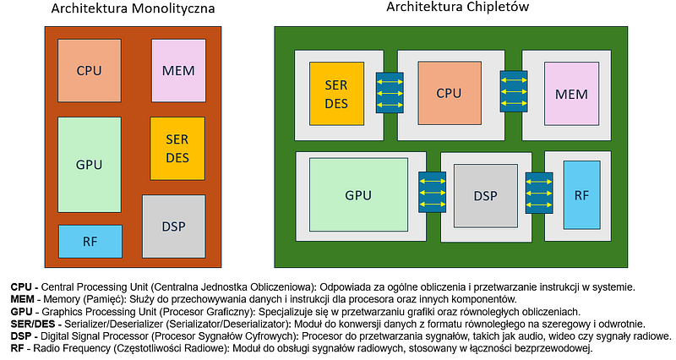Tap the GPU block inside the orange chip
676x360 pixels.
pyautogui.click(x=89, y=164)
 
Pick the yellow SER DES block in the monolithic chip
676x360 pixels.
pyautogui.click(x=177, y=148)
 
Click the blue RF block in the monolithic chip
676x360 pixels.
pyautogui.click(x=90, y=242)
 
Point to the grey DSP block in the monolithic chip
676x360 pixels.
pyautogui.click(x=173, y=226)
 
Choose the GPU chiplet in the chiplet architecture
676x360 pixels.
pyautogui.click(x=358, y=194)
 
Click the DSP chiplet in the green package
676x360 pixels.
pyautogui.click(x=485, y=195)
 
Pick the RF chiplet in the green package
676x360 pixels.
pyautogui.click(x=581, y=195)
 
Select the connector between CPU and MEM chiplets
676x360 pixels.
pyautogui.click(x=512, y=91)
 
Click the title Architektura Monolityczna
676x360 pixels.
pyautogui.click(x=133, y=10)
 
